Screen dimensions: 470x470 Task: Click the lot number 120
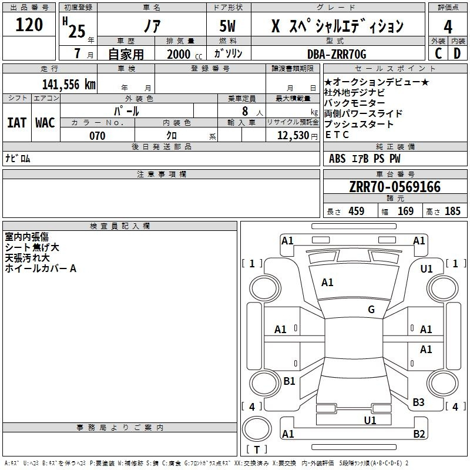tap(29, 25)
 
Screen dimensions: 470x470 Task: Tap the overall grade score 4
tap(448, 27)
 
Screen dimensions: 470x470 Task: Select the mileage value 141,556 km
tap(69, 85)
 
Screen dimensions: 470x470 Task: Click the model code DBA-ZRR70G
tap(337, 54)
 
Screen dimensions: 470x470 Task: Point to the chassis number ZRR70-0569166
tap(395, 187)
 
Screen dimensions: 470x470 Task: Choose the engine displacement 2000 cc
tap(184, 54)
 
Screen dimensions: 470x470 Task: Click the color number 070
tap(98, 136)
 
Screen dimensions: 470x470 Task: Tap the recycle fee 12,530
tap(293, 136)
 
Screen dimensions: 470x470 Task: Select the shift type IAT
tap(17, 123)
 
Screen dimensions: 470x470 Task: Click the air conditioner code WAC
tap(45, 123)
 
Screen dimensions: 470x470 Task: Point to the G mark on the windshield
tap(371, 309)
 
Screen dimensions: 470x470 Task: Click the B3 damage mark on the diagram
tap(418, 402)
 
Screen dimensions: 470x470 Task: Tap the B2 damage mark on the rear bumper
tap(419, 434)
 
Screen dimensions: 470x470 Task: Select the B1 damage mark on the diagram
tap(289, 381)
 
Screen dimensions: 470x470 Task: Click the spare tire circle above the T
tap(257, 429)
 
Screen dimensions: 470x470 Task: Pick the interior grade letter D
tap(457, 53)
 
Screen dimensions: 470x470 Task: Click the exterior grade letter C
tap(438, 53)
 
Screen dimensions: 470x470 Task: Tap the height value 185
tap(452, 211)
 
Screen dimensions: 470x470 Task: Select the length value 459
tap(357, 211)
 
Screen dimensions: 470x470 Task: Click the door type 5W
tap(227, 26)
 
